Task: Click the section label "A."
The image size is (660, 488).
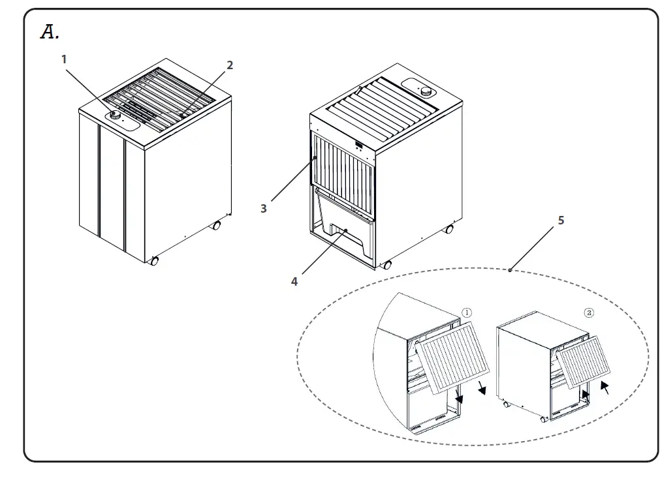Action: [x=50, y=32]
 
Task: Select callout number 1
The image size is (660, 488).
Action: [x=64, y=59]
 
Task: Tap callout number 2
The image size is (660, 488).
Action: [x=229, y=65]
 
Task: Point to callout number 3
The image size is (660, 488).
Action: [x=263, y=208]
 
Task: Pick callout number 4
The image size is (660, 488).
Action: [x=294, y=281]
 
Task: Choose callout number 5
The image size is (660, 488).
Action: [x=561, y=221]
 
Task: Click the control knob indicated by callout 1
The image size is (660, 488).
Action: [x=115, y=115]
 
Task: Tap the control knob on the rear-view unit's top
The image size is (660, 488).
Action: [x=426, y=91]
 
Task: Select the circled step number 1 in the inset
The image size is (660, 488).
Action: [x=467, y=313]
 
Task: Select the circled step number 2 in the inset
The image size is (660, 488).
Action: [x=589, y=313]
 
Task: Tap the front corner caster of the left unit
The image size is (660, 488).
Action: [x=154, y=261]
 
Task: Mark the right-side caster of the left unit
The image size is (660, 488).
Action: [x=216, y=226]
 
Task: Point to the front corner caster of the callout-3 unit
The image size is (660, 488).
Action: [x=387, y=265]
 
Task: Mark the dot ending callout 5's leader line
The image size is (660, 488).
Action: [x=509, y=269]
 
